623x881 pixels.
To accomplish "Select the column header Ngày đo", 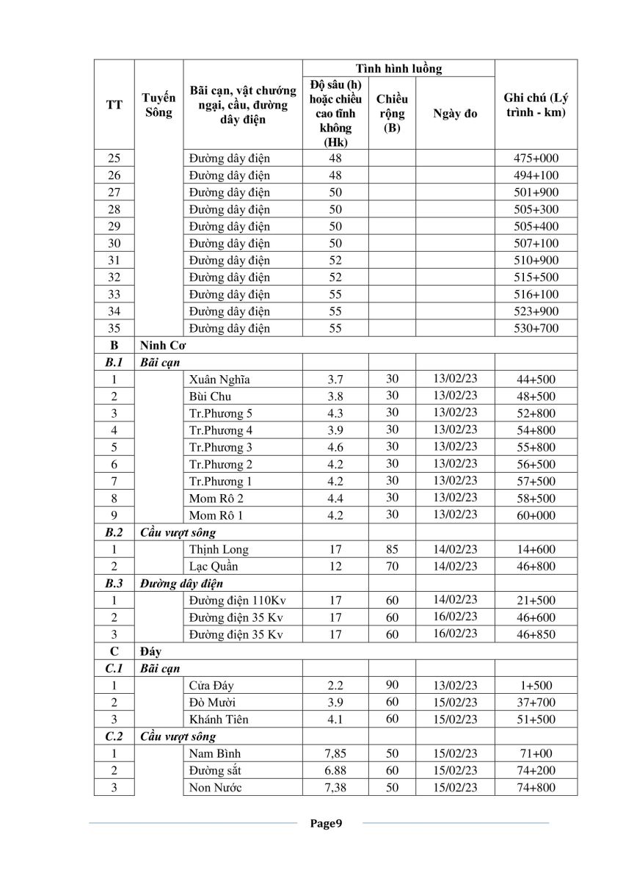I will (455, 114).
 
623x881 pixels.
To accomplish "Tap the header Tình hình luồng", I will (398, 68).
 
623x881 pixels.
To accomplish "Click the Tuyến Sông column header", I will (159, 105).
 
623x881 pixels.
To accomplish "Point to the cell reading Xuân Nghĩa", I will (219, 380).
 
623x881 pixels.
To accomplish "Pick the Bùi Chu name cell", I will (211, 396).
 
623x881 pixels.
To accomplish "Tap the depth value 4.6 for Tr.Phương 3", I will (335, 447).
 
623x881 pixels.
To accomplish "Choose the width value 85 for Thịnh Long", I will (392, 548).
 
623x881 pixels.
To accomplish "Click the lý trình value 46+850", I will (536, 634).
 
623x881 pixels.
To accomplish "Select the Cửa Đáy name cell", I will (213, 686).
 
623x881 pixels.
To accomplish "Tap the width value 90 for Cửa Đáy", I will (392, 685).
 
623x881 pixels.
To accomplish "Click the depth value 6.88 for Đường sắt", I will (335, 770).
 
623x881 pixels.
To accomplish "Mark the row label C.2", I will (114, 736).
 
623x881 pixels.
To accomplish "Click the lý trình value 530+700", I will (536, 328).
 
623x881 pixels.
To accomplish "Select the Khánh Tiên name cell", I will (219, 719).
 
